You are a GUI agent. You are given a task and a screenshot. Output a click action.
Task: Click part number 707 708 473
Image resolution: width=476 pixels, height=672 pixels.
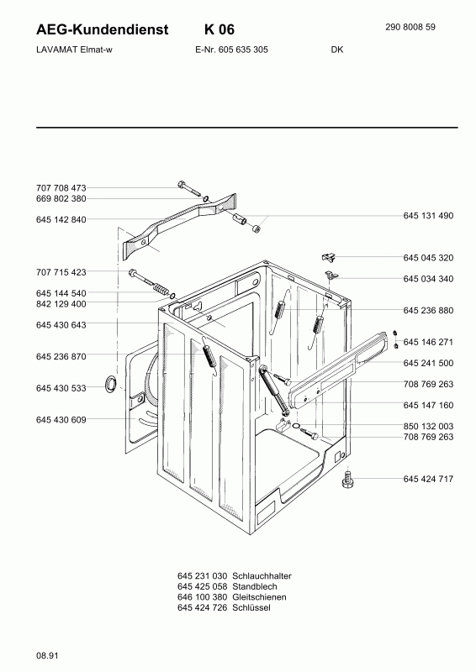point(61,187)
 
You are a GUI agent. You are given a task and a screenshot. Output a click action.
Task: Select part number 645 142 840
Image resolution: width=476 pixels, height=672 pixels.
point(61,219)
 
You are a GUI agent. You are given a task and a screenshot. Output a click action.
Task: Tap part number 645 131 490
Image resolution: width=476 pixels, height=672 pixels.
point(428,216)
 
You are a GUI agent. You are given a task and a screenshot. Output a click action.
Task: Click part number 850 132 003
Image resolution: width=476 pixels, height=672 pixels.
point(428,426)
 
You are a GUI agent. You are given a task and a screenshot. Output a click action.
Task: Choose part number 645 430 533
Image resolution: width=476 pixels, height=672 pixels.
point(61,388)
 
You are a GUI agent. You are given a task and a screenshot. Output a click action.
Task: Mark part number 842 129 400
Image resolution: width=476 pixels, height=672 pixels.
point(61,303)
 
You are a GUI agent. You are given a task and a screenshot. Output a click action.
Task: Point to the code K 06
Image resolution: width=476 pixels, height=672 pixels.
point(219,29)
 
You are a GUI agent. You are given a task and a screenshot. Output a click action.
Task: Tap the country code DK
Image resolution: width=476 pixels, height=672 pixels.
point(336,50)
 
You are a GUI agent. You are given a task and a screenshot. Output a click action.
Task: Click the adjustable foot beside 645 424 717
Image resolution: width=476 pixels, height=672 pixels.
point(347,480)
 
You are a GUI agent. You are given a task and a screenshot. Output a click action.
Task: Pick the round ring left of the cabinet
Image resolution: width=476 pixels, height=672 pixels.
point(109,385)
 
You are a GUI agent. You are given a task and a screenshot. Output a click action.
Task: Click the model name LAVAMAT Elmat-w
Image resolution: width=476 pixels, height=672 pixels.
point(74,50)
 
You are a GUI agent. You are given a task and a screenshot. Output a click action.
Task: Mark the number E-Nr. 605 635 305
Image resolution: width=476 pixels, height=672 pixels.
point(225,50)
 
